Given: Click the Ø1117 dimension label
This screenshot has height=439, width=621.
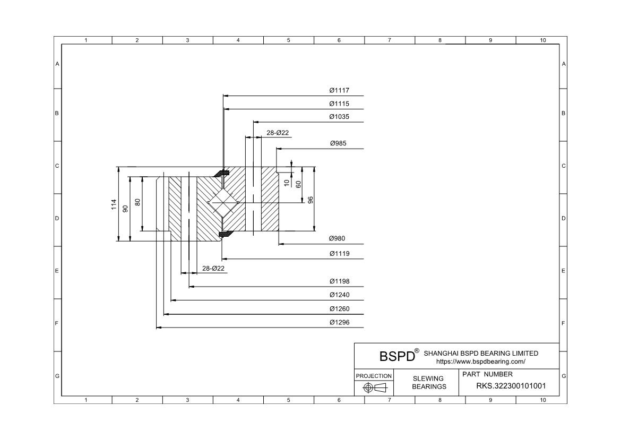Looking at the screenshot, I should point(339,91).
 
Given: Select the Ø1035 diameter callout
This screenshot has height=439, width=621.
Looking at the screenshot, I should point(339,117).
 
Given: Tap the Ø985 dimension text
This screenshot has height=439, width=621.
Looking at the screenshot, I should point(338,143).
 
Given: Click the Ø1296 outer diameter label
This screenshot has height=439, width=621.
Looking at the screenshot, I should point(339,322).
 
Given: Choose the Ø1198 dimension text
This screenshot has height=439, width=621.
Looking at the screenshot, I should point(339,281).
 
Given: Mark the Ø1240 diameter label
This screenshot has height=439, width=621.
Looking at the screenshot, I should point(339,295).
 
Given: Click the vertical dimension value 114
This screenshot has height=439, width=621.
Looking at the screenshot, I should point(114,204).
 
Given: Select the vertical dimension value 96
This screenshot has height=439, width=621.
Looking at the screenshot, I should point(310,200).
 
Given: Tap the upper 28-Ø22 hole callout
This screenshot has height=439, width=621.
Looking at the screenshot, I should point(278,133).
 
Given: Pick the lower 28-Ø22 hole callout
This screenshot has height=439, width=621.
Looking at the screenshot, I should point(213,269).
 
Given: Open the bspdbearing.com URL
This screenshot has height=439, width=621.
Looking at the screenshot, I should point(480,361).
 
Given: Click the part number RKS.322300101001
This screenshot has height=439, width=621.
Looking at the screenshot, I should point(511,386).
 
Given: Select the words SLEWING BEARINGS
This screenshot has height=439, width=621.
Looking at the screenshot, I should point(428,382).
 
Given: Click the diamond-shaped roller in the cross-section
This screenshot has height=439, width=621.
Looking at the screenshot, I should point(223,203).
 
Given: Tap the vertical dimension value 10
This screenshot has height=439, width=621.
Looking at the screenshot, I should point(287,183).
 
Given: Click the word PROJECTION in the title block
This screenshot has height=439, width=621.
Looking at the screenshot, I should point(374,376).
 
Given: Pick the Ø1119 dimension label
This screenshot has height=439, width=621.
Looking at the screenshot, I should point(339,254).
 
